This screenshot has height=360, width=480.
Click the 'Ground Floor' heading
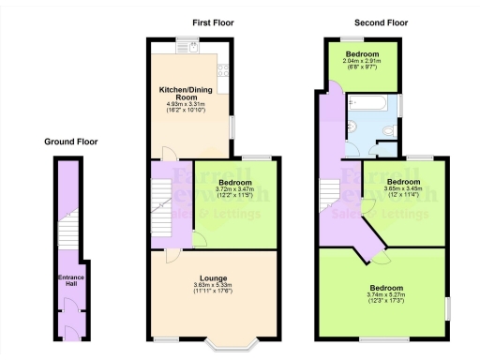tap(70, 142)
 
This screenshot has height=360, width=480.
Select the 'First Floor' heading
tap(214, 22)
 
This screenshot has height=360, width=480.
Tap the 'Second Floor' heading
tap(380, 22)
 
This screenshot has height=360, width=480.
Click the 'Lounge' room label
tap(213, 277)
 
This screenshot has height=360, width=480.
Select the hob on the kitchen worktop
tap(224, 67)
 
